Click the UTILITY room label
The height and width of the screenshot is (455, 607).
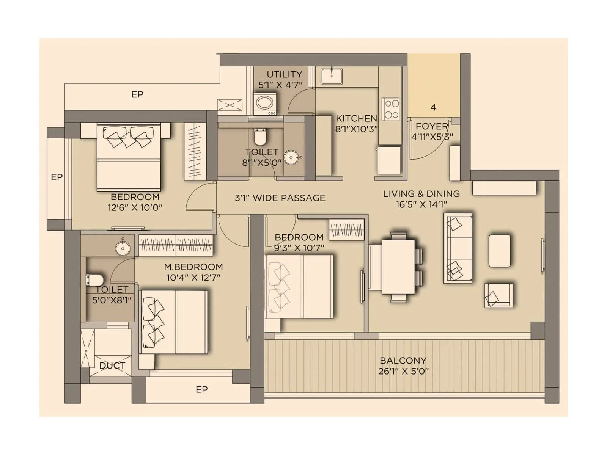coord(284,74)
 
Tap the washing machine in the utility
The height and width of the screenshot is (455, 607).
coord(265,103)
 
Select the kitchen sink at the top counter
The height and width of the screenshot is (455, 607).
coord(332,76)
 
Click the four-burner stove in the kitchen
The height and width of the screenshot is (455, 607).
coord(390,109)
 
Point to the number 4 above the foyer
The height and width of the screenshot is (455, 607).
coord(433,107)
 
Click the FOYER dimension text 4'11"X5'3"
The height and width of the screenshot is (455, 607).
coord(432,137)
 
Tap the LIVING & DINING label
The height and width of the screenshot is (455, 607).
coord(421,194)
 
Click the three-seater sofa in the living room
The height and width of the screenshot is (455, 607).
coord(458,248)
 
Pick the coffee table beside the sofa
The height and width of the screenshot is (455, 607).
coord(499,251)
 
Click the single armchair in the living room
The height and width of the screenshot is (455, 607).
coord(498,295)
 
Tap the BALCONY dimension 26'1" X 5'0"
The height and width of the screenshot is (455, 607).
coord(403,371)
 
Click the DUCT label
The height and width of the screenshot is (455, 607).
coord(112,366)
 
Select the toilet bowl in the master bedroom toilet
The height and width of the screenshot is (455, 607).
coord(95,280)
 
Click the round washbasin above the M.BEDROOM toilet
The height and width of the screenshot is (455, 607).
coord(123,248)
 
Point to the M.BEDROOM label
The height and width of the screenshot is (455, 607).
coord(193,267)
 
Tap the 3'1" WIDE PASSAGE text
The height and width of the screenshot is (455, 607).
coord(280,198)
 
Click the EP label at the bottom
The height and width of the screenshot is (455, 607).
coord(201,389)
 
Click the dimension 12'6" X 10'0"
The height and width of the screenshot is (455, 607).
coord(135,207)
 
